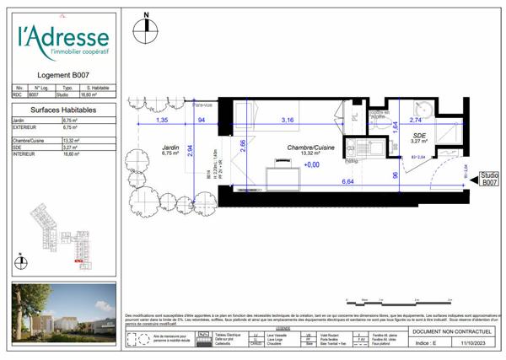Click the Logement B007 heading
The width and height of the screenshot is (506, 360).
pos(64,75)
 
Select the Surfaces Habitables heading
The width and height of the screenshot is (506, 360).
pos(63,110)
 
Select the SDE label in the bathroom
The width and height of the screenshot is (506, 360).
pos(419,135)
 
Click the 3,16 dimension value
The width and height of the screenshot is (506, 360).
pos(288,121)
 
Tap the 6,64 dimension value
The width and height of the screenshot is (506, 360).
pos(347,182)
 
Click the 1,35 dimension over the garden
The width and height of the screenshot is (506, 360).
pos(161,121)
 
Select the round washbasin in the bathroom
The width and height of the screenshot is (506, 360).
pos(424,108)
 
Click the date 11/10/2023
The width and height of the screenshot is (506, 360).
pos(471,343)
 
